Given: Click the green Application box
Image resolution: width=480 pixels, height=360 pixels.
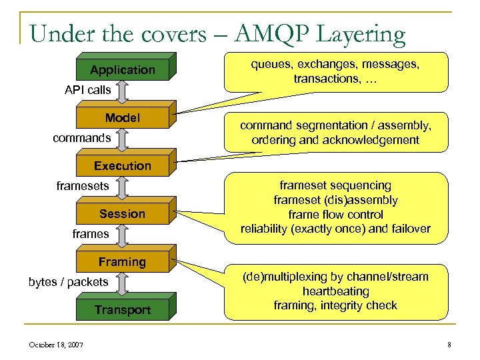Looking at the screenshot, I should pyautogui.click(x=123, y=70).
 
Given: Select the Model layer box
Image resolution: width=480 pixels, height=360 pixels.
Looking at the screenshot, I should pyautogui.click(x=123, y=118).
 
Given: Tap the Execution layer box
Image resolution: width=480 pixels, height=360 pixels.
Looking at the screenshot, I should pyautogui.click(x=123, y=165).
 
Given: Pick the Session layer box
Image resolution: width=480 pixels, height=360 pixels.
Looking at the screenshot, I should pyautogui.click(x=123, y=214).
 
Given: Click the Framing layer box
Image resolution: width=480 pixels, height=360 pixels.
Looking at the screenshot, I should pyautogui.click(x=123, y=262).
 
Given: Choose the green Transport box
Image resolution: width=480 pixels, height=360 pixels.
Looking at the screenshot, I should pyautogui.click(x=123, y=310).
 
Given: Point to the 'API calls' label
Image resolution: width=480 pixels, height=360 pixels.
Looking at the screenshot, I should pyautogui.click(x=87, y=89).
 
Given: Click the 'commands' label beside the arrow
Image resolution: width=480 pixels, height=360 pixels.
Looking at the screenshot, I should pyautogui.click(x=81, y=138).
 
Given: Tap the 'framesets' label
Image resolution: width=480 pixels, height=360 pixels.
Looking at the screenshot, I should pyautogui.click(x=82, y=186).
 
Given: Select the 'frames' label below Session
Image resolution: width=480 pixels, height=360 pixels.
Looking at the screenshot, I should pyautogui.click(x=90, y=234).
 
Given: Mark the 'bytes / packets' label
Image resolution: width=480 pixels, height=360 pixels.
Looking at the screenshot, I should pyautogui.click(x=68, y=282).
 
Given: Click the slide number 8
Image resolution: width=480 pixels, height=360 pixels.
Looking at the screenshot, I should pyautogui.click(x=449, y=345).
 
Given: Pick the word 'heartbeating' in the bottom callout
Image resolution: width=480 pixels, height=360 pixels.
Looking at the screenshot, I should pyautogui.click(x=335, y=291).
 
